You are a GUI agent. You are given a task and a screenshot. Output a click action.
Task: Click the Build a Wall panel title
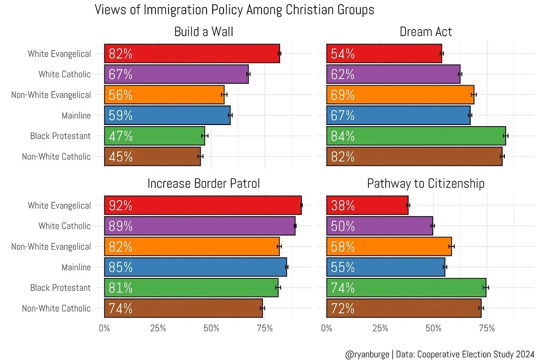click(203, 32)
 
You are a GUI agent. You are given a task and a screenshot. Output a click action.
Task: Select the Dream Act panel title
click(426, 32)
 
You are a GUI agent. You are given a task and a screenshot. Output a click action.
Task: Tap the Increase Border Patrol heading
click(203, 184)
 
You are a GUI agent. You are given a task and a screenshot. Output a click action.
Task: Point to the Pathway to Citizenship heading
click(426, 184)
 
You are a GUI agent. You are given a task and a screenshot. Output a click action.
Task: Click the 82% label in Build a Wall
click(120, 54)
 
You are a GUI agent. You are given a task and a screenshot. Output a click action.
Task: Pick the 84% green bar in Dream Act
click(416, 136)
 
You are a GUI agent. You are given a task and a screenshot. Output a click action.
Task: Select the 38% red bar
click(367, 205)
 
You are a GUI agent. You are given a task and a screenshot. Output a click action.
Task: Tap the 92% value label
click(120, 205)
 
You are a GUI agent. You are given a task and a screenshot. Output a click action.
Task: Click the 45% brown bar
click(152, 157)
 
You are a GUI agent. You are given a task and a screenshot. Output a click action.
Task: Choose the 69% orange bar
click(400, 95)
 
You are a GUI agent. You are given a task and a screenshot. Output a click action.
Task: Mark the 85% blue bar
click(195, 267)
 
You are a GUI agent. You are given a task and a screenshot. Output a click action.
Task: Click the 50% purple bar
click(379, 226)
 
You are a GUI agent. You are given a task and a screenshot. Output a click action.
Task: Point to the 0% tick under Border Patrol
click(104, 328)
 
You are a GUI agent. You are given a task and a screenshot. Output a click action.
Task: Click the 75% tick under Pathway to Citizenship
click(487, 328)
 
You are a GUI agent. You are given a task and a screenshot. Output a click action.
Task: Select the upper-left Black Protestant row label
click(60, 136)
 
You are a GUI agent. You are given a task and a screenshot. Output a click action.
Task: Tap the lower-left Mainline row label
click(76, 267)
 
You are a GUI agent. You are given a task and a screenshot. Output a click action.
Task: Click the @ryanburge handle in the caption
click(367, 354)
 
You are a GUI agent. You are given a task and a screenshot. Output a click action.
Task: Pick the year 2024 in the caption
click(525, 354)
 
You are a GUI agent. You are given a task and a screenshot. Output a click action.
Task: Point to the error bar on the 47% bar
click(205, 136)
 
